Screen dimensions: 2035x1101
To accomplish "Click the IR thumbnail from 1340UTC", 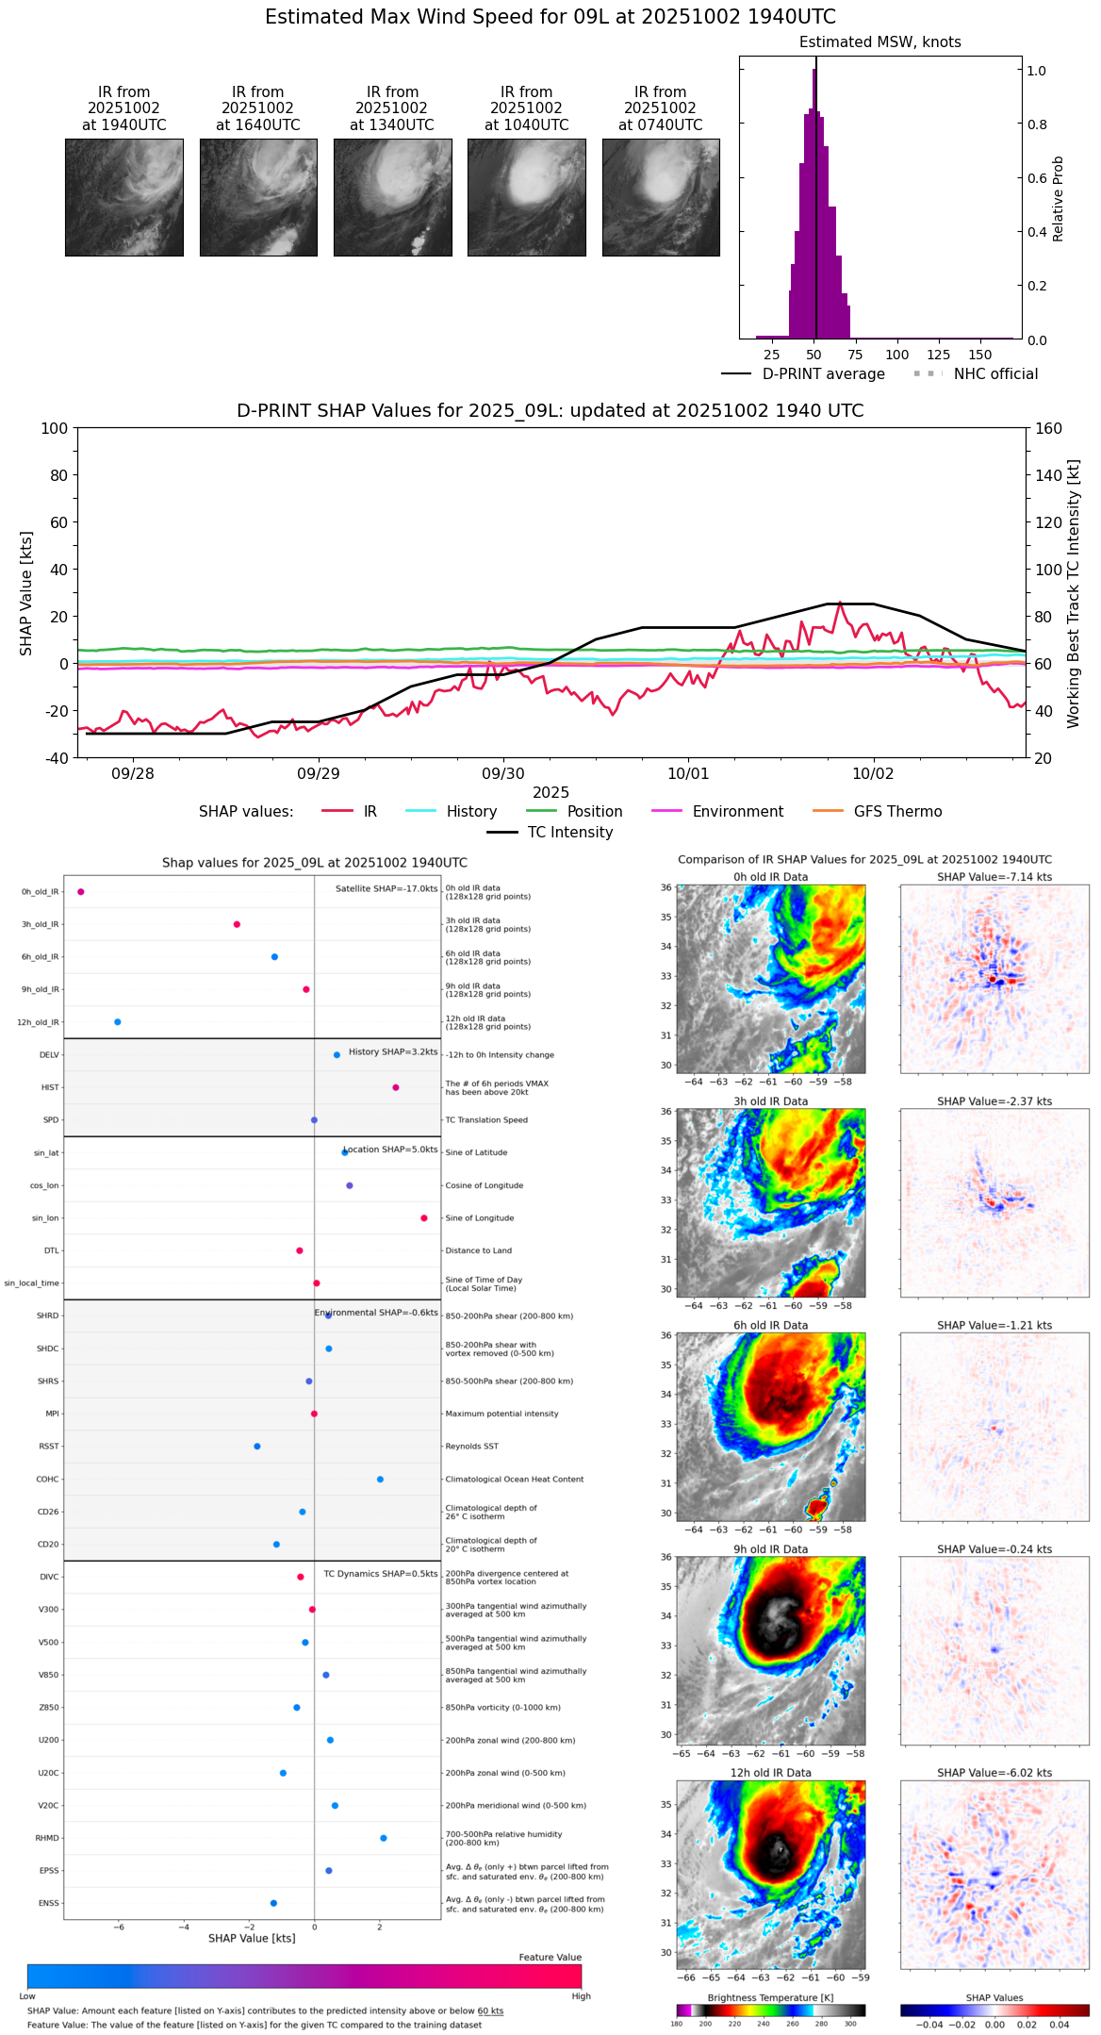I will [392, 197].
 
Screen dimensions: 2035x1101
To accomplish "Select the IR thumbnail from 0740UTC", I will [661, 197].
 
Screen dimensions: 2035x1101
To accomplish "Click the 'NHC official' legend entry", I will [995, 374].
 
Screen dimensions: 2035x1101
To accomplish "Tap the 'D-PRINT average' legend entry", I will [823, 374].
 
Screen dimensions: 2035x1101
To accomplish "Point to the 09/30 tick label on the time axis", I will [503, 774].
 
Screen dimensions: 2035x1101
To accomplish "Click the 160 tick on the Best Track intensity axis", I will [1049, 429].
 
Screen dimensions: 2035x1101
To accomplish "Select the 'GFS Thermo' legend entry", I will [897, 812].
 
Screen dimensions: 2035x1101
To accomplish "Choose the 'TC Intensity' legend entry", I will [569, 833].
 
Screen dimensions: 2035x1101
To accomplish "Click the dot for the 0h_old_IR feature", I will [81, 892].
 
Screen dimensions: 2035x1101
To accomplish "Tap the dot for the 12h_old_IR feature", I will [118, 1022].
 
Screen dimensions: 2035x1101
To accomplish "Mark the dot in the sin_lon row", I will [424, 1218].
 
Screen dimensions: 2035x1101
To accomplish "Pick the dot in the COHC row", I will [380, 1480].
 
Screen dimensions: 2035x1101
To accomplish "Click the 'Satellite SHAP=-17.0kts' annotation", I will [386, 889].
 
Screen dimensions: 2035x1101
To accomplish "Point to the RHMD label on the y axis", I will [48, 1838].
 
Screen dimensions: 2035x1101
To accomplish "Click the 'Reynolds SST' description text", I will [472, 1447].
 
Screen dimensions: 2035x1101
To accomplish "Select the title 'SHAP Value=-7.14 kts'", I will [994, 877].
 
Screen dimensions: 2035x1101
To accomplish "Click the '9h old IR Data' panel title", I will [770, 1549].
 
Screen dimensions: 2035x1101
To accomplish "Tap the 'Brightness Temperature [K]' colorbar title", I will [770, 1998].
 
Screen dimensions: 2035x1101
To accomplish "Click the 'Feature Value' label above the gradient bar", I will [550, 1958].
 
